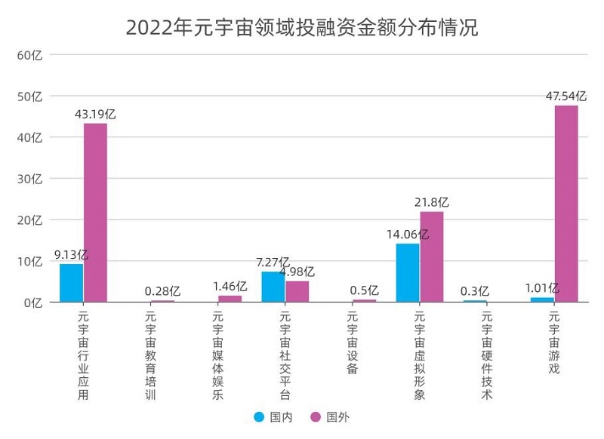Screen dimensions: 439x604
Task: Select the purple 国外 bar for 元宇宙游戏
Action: pyautogui.click(x=566, y=204)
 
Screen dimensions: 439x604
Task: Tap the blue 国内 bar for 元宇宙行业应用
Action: pyautogui.click(x=72, y=283)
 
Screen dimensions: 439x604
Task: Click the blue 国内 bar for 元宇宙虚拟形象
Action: pyautogui.click(x=408, y=272)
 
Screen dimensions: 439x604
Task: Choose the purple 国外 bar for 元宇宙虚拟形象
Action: pyautogui.click(x=432, y=256)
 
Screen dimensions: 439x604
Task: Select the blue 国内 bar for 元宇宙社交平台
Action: pyautogui.click(x=273, y=287)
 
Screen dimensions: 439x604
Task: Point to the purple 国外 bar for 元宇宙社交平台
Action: pyautogui.click(x=297, y=291)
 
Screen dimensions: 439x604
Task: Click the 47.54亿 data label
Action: pyautogui.click(x=565, y=96)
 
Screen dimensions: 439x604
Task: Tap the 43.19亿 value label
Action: pyautogui.click(x=95, y=114)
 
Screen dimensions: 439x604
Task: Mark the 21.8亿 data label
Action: pyautogui.click(x=432, y=202)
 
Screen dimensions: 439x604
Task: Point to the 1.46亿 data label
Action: pyautogui.click(x=230, y=287)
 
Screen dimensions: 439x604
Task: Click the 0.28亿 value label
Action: pyautogui.click(x=162, y=291)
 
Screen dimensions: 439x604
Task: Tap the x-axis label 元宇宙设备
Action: pyautogui.click(x=352, y=343)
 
